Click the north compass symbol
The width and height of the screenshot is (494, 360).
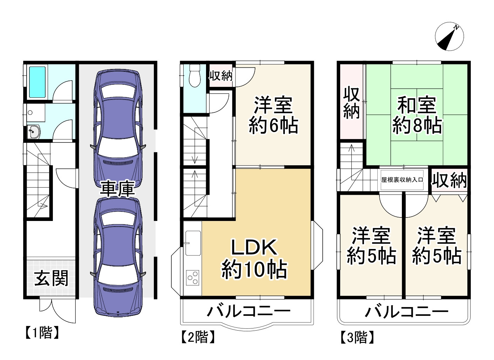coord(450,36)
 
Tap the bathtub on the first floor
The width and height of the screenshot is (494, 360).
coord(37,82)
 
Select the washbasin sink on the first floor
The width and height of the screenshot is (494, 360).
coord(34,132)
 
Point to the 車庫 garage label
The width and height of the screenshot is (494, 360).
coord(117,189)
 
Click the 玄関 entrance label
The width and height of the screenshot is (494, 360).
coord(51,278)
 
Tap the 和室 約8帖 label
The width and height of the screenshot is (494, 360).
coord(417,115)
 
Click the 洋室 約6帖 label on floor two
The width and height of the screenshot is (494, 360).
coord(273,115)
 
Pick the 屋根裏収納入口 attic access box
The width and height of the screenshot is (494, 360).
coord(402,180)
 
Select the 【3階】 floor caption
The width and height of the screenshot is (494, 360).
coord(357,338)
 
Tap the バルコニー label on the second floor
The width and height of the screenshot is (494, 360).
coord(249,311)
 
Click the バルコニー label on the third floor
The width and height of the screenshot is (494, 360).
coord(406,311)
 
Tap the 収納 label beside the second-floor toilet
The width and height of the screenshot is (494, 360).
coord(221,75)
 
